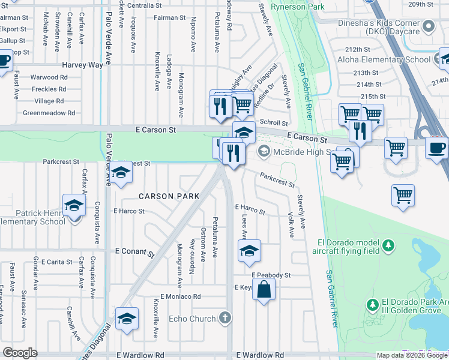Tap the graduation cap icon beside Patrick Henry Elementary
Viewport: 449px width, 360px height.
point(74,206)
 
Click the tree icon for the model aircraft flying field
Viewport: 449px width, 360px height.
point(389,245)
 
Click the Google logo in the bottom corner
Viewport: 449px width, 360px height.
point(20,352)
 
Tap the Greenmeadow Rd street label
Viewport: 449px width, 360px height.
point(49,113)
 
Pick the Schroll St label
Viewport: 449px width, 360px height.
point(273,122)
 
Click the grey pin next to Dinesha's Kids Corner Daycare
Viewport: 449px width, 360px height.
point(429,26)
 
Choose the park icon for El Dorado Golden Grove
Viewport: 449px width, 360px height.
point(373,305)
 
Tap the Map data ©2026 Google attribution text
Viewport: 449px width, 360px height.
point(412,355)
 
